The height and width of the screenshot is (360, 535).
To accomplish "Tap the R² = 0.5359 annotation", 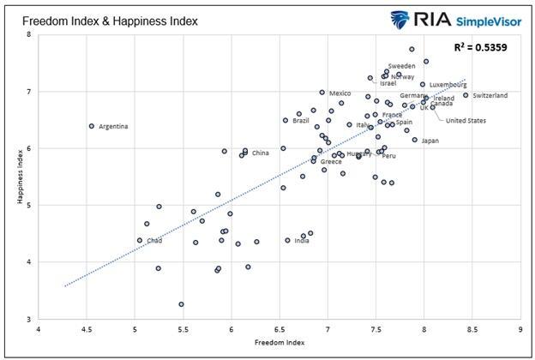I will click(x=480, y=47).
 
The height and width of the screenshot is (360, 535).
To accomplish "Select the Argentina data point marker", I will click(x=91, y=126).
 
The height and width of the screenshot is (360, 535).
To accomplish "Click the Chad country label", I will click(x=154, y=241).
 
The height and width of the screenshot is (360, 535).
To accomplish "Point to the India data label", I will click(x=302, y=241).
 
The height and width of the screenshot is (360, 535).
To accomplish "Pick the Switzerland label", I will click(x=490, y=95).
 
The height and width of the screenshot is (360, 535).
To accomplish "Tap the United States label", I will click(x=466, y=121).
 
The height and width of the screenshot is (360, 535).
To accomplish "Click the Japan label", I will click(x=430, y=141).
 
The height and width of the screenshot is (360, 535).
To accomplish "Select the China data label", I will click(x=260, y=153).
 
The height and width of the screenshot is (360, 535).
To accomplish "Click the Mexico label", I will click(x=340, y=93).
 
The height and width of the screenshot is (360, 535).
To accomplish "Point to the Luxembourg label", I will click(x=448, y=85).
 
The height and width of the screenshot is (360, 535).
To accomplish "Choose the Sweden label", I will click(x=401, y=66).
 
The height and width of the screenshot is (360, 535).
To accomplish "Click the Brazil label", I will click(x=300, y=121).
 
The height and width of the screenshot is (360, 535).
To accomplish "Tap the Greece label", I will click(x=331, y=162).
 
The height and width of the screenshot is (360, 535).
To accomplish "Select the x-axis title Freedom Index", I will click(x=279, y=343).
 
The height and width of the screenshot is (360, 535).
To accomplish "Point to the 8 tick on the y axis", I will click(x=28, y=34).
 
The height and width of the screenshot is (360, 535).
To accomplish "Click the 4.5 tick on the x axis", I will click(x=86, y=328).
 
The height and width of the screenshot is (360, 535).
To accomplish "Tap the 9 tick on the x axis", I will click(x=520, y=328).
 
